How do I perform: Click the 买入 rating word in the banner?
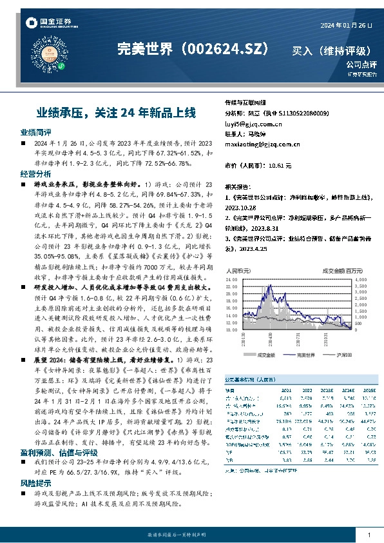coord(305,50)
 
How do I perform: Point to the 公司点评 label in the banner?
coord(360,64)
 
